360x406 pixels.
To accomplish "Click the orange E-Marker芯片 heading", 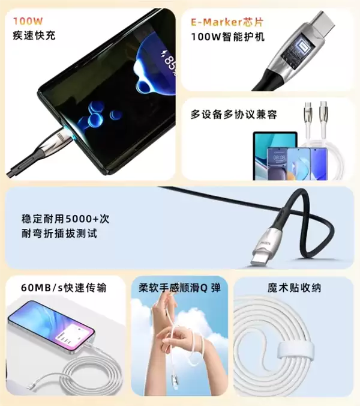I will pyautogui.click(x=227, y=22).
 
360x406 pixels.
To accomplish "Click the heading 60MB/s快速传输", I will pyautogui.click(x=63, y=288).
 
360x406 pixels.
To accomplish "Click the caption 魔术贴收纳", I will pyautogui.click(x=294, y=288).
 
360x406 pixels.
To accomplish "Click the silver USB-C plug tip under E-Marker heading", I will pyautogui.click(x=323, y=24).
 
